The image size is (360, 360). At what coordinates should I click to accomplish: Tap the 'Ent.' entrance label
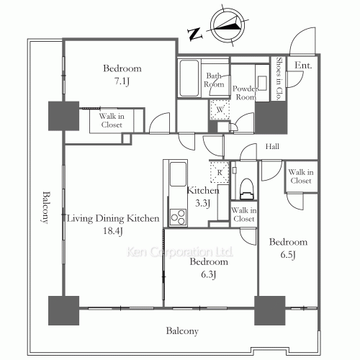click(x=302, y=66)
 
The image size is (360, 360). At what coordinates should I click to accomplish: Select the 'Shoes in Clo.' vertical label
click(x=279, y=78)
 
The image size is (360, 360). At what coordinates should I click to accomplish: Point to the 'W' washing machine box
click(x=218, y=109)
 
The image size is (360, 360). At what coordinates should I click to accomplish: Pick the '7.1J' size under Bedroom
click(x=122, y=81)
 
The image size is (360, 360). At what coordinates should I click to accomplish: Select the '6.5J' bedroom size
click(x=289, y=254)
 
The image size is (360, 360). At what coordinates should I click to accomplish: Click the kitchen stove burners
click(x=177, y=215)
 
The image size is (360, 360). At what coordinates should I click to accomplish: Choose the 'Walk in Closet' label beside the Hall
click(x=300, y=176)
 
